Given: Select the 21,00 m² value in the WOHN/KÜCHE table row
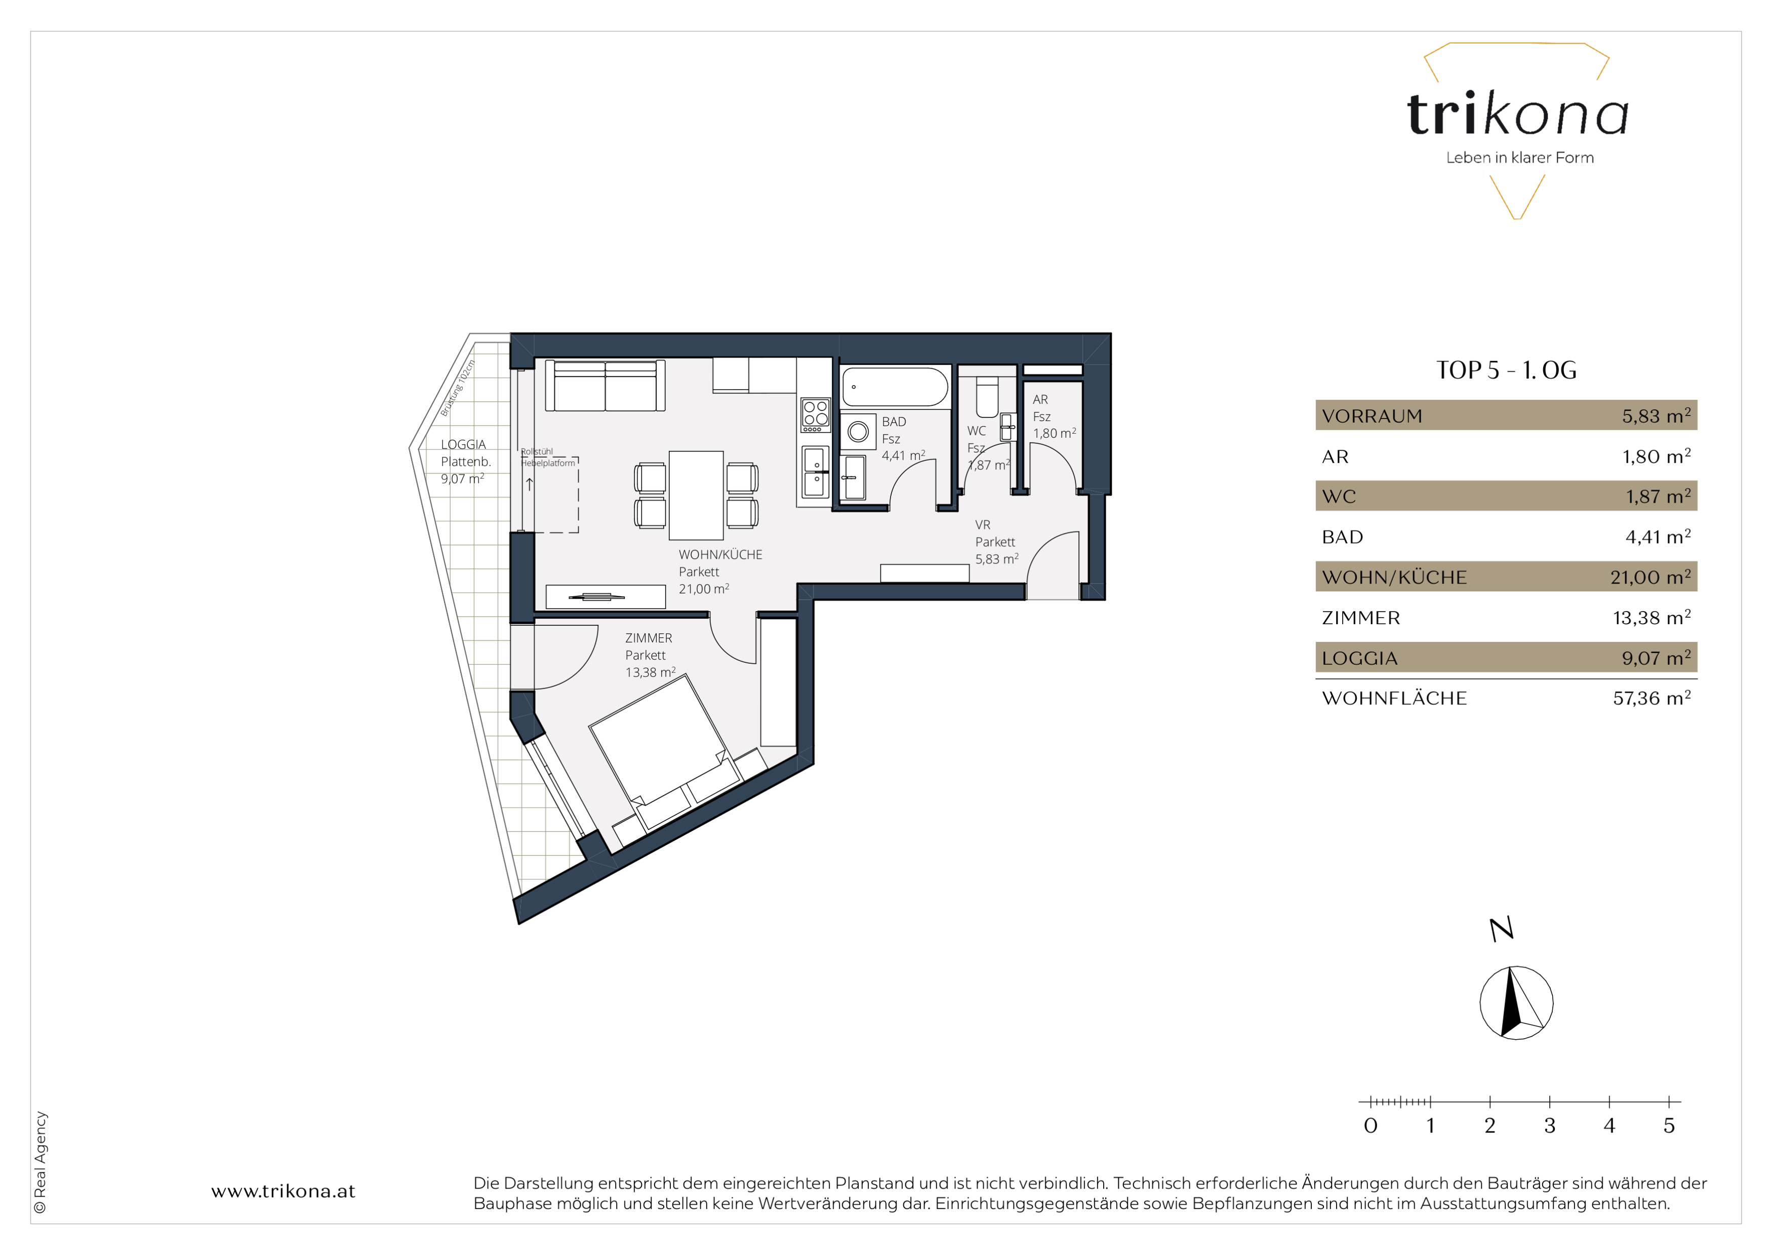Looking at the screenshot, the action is pos(1650,577).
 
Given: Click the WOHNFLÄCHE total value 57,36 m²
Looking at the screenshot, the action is pos(1652,698).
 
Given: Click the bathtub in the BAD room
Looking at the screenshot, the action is pos(895,387).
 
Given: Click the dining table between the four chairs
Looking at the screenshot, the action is pos(695,495).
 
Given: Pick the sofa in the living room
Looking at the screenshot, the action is pos(605,385).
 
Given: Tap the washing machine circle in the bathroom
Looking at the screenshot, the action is pos(858,432).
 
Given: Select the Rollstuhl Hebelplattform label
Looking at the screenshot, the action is pos(547,457).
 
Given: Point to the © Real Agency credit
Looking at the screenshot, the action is pos(40,1162).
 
